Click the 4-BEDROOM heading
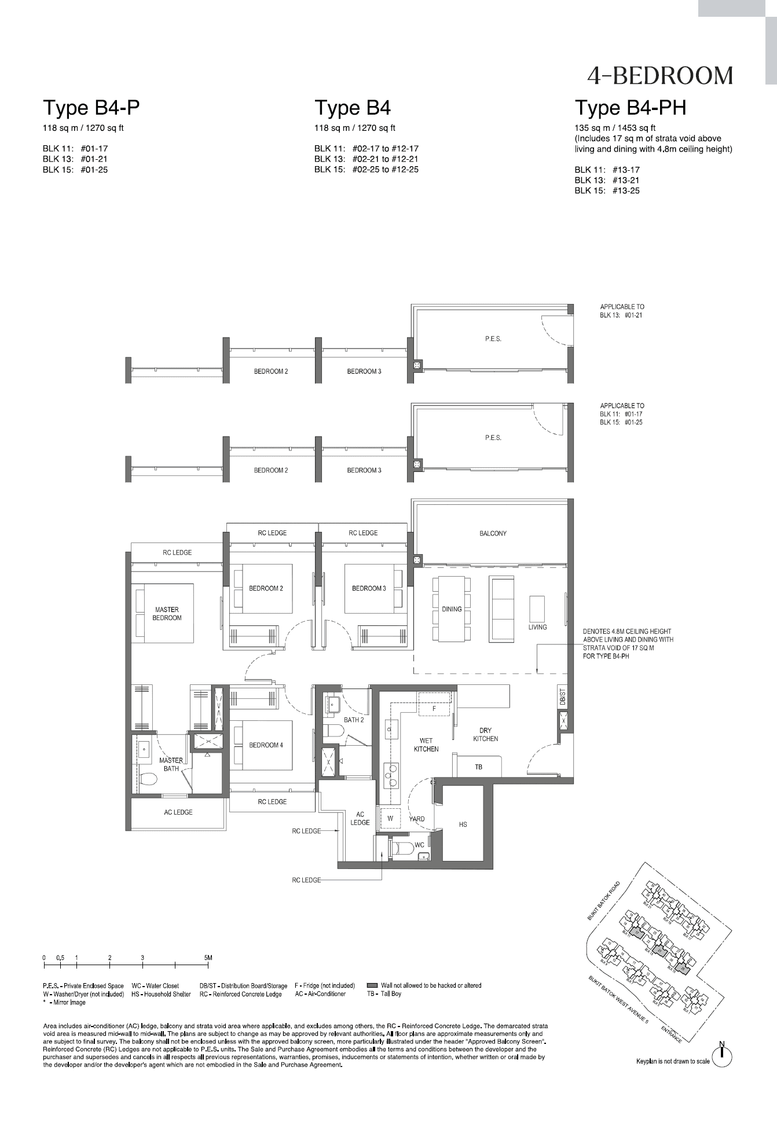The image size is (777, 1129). pyautogui.click(x=659, y=76)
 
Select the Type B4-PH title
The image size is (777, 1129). pyautogui.click(x=630, y=108)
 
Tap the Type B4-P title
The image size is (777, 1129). pyautogui.click(x=91, y=108)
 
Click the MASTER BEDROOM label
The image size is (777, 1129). pyautogui.click(x=167, y=614)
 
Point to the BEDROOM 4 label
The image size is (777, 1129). pyautogui.click(x=266, y=745)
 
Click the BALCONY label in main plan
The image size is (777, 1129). pyautogui.click(x=493, y=533)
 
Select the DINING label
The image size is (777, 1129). pyautogui.click(x=452, y=609)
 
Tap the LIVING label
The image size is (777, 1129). pyautogui.click(x=537, y=627)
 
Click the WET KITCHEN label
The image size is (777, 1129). pyautogui.click(x=426, y=745)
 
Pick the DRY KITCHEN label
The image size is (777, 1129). pyautogui.click(x=485, y=734)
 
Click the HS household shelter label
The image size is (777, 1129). pyautogui.click(x=463, y=824)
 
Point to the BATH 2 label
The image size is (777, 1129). pyautogui.click(x=354, y=720)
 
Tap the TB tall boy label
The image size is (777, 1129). pyautogui.click(x=478, y=767)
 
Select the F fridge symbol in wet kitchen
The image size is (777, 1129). pyautogui.click(x=434, y=709)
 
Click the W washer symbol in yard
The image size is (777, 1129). pyautogui.click(x=390, y=819)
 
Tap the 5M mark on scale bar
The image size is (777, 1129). pyautogui.click(x=208, y=958)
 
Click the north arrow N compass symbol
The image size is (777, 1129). pyautogui.click(x=722, y=1057)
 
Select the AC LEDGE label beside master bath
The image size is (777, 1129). pyautogui.click(x=178, y=812)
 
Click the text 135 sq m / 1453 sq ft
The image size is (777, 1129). pyautogui.click(x=615, y=128)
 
